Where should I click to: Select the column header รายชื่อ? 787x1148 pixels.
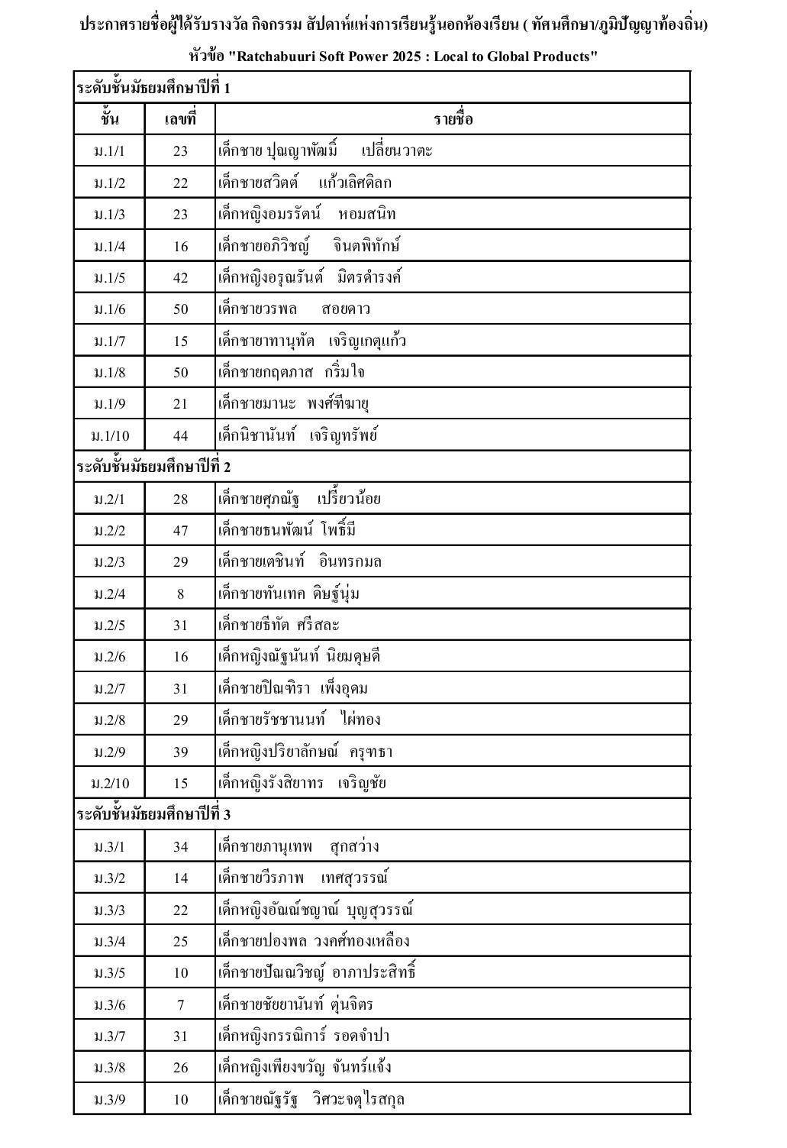[x=453, y=119]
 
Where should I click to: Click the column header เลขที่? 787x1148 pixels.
[x=180, y=119]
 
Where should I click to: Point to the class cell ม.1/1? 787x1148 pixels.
[x=109, y=151]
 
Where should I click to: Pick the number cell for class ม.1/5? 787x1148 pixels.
[x=180, y=278]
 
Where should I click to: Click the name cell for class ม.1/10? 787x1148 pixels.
[x=298, y=436]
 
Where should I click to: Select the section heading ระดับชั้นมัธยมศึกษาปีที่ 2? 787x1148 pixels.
[x=153, y=467]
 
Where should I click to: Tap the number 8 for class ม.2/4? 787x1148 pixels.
[x=180, y=593]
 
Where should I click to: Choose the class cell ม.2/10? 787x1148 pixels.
[x=109, y=784]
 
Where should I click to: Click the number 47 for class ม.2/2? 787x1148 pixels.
[x=180, y=531]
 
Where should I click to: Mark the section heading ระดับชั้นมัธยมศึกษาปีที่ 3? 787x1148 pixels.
[x=153, y=814]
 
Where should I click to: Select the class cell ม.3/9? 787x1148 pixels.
[x=109, y=1100]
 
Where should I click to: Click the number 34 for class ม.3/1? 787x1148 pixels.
[x=180, y=847]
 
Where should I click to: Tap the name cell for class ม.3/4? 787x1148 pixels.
[x=314, y=941]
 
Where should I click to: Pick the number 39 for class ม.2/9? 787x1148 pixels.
[x=180, y=752]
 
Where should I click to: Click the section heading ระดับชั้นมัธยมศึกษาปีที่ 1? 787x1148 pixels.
[x=153, y=88]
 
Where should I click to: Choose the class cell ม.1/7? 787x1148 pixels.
[x=109, y=341]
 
